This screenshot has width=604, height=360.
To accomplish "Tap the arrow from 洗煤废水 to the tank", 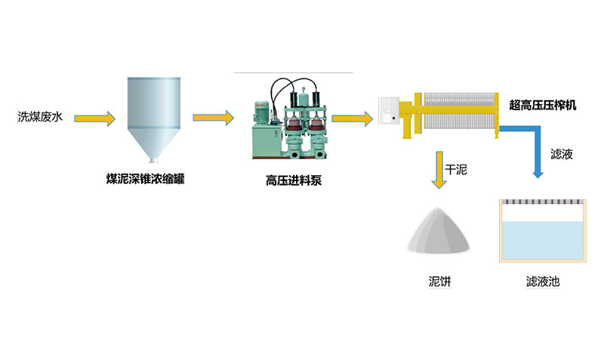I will (99, 118).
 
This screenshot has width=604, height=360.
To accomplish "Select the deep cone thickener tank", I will (154, 113).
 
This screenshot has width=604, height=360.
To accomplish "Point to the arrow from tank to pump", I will (214, 118).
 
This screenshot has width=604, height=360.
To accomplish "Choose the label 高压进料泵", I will (293, 180).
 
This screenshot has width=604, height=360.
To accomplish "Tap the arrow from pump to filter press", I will (351, 118).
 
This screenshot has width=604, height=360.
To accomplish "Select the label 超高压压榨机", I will (543, 105).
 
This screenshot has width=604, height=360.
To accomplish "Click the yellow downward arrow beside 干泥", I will (437, 170).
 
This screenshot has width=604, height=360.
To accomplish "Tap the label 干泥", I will (457, 171).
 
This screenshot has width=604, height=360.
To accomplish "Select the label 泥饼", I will (439, 282).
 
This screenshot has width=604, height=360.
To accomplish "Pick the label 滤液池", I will (543, 282).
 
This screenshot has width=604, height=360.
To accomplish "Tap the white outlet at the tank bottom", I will (154, 159).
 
